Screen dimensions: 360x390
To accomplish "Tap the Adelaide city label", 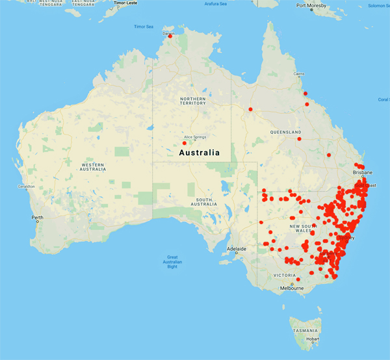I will point(236,249).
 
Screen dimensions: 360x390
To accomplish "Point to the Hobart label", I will point(312,339).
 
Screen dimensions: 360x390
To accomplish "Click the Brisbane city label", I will point(363,173).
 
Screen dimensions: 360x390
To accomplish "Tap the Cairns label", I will point(299,74).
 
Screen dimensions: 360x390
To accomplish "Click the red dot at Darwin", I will point(170,36).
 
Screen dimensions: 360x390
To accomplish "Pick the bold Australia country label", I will point(198,153).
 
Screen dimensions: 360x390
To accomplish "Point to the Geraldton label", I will point(25,186).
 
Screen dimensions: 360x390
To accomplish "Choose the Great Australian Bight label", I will point(172,261).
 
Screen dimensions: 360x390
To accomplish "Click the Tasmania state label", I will point(305,331).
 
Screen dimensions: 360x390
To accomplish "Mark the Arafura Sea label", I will point(215,3).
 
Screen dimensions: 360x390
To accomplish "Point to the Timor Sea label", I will point(144,27).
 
